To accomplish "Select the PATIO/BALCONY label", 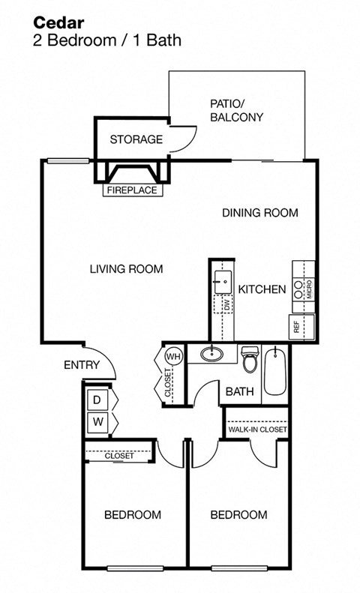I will (236, 111).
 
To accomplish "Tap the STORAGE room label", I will (136, 139).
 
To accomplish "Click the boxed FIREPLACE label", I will (132, 190).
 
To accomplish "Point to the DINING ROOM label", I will (259, 213).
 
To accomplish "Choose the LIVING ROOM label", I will (125, 269).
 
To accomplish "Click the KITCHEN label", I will (262, 289).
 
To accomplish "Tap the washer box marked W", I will (97, 423).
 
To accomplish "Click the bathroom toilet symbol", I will (250, 360).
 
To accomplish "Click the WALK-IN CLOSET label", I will (256, 430).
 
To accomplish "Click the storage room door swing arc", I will (186, 139).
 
